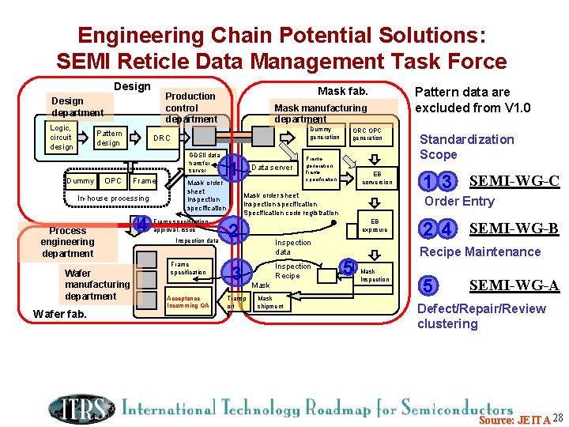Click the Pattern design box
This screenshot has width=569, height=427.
108,138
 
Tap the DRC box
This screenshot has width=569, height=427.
161,138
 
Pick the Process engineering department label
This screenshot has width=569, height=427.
67,242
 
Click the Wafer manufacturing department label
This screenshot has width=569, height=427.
96,285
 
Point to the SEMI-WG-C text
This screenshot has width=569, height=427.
514,181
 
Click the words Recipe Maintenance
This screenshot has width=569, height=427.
480,251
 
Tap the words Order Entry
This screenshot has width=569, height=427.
459,201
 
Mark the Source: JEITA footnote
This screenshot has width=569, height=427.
514,418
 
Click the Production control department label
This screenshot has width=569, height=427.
190,108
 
